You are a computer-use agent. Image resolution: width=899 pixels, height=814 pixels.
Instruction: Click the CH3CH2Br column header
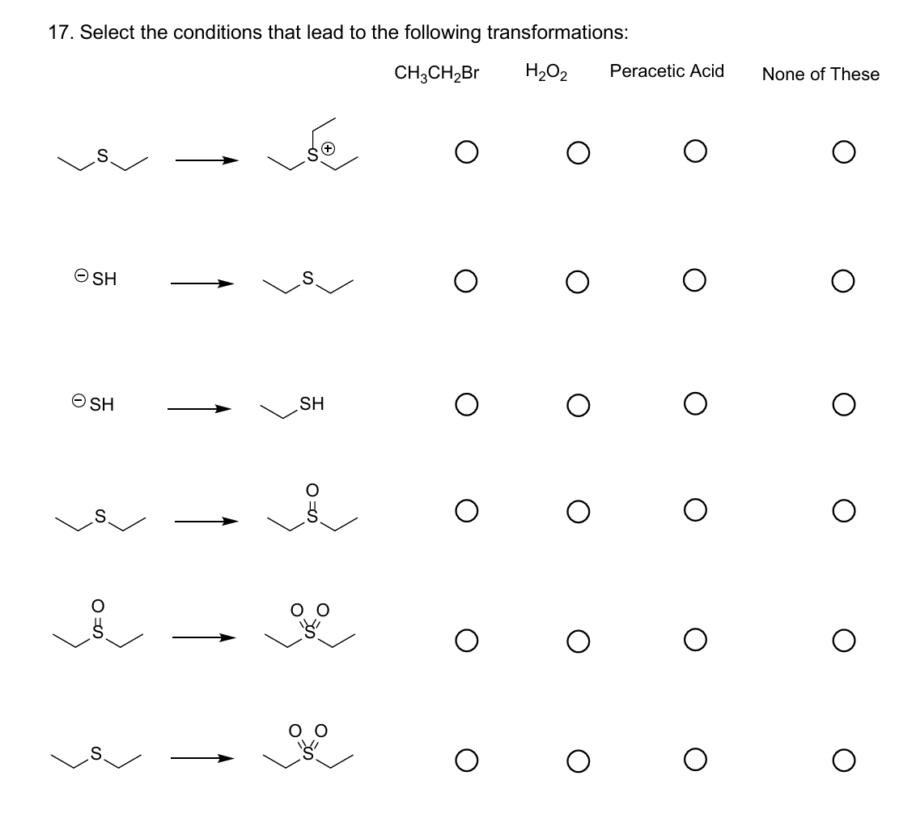437,73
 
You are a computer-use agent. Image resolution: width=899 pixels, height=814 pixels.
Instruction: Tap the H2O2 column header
546,73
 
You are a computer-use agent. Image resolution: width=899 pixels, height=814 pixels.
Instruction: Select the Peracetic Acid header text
667,71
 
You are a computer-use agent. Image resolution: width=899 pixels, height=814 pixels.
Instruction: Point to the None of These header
821,75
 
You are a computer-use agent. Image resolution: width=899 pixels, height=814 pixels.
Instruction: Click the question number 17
58,32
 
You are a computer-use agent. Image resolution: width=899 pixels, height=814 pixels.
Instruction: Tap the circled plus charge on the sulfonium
329,149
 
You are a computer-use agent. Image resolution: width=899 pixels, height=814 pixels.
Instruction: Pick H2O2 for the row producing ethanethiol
576,403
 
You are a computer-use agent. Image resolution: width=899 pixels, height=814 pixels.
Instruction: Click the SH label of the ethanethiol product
312,403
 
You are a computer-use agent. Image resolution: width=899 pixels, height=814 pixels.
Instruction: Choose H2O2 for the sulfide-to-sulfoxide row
576,510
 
